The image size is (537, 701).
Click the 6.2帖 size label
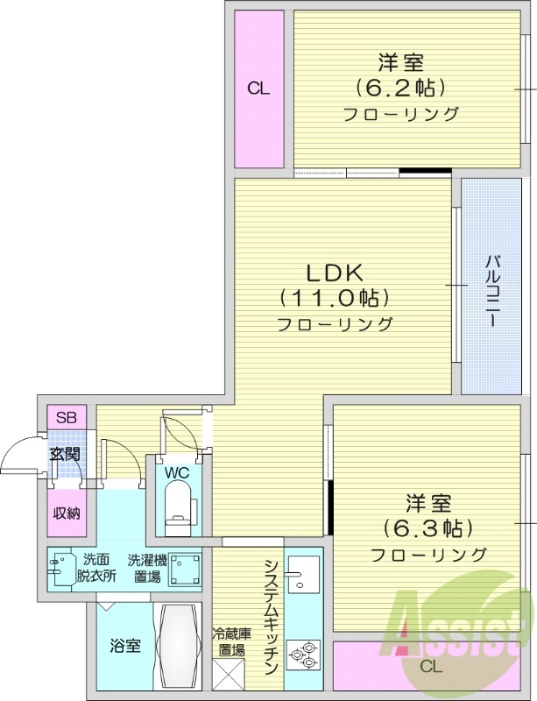pyautogui.click(x=401, y=88)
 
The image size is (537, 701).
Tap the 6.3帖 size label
pyautogui.click(x=428, y=528)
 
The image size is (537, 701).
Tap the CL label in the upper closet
pyautogui.click(x=258, y=88)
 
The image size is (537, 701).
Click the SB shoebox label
pyautogui.click(x=66, y=417)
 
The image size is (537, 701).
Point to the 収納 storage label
pyautogui.click(x=66, y=513)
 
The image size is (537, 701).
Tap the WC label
pyautogui.click(x=178, y=473)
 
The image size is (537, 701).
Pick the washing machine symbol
pyautogui.click(x=185, y=570)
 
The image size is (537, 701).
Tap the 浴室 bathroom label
pyautogui.click(x=124, y=647)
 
